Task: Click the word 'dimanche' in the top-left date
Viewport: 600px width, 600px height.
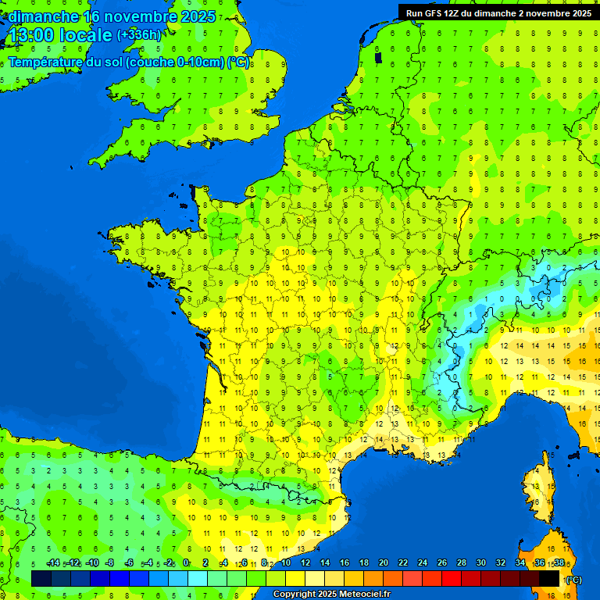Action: [x=43, y=16]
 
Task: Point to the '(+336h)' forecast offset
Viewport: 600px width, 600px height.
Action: [x=139, y=35]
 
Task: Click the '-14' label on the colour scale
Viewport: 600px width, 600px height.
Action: [x=53, y=563]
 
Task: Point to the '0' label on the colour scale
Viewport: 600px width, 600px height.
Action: [x=186, y=563]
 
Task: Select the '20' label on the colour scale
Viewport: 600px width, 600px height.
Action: [x=383, y=563]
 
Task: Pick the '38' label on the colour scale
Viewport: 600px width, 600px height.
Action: [x=559, y=563]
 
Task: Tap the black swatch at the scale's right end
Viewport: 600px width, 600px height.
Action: [x=549, y=578]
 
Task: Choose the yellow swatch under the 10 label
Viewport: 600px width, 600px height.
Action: [x=295, y=578]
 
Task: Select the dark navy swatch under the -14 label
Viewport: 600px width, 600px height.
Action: [x=41, y=578]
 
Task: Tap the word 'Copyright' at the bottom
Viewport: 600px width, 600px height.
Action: [x=295, y=594]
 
